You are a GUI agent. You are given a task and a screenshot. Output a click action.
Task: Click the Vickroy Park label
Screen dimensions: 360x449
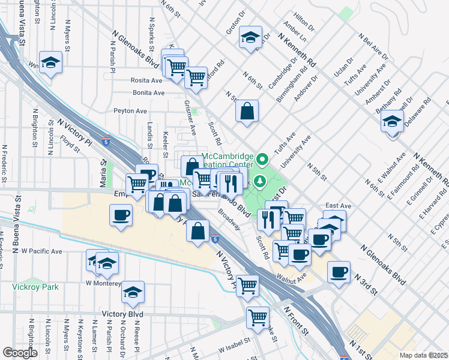(35, 287)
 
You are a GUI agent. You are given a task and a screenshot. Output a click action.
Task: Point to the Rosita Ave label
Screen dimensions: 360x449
(147, 80)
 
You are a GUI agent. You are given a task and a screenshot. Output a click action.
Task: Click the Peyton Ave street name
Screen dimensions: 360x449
(130, 111)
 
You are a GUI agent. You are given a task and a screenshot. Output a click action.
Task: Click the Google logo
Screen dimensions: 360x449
(19, 353)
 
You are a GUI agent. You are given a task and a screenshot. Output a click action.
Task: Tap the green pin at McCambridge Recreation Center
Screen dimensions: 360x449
(262, 160)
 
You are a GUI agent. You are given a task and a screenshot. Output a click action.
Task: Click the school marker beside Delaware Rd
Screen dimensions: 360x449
(392, 122)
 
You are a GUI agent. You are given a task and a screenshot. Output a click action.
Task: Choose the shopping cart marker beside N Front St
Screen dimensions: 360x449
(258, 317)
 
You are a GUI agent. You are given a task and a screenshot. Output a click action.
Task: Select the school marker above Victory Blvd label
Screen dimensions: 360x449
(133, 292)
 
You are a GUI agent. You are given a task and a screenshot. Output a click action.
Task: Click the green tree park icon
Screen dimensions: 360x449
(261, 181)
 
